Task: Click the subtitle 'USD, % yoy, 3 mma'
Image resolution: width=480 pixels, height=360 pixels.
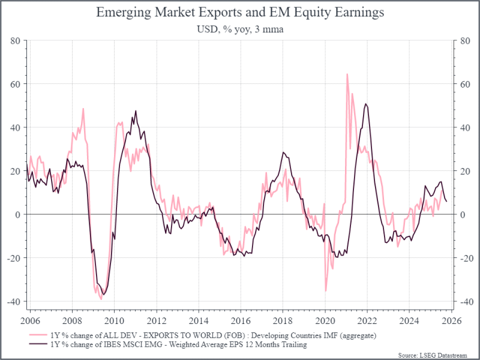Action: click(x=240, y=29)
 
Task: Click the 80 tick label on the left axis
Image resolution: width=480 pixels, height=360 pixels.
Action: click(x=16, y=41)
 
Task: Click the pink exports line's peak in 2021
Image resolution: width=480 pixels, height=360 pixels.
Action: click(x=347, y=74)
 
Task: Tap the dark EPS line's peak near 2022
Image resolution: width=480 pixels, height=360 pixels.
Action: click(x=366, y=104)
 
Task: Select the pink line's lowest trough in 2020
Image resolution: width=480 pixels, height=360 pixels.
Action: click(x=326, y=291)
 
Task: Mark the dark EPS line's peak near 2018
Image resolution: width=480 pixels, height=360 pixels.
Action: click(x=283, y=152)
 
